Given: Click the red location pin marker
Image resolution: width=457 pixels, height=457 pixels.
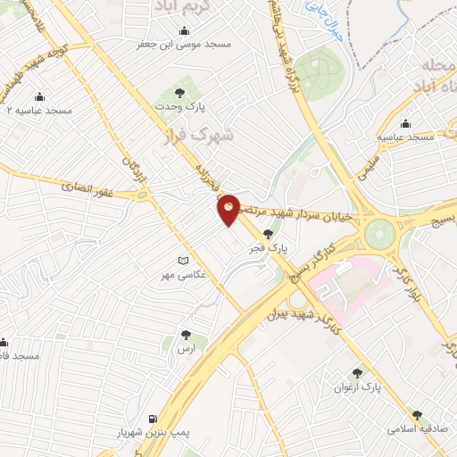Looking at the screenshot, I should click(x=228, y=210).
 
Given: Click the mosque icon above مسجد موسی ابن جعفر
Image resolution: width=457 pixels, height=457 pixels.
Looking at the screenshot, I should click(x=183, y=30).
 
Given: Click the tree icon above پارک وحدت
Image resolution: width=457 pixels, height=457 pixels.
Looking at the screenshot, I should click(x=179, y=93).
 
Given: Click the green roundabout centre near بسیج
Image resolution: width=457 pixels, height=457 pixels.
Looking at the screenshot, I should click(x=378, y=235).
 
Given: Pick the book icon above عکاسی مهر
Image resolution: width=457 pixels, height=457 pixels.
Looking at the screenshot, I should click(x=183, y=261).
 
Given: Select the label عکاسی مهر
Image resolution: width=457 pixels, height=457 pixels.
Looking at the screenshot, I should click(x=183, y=274).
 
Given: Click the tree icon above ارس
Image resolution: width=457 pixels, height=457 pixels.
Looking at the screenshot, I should click(x=186, y=336).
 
